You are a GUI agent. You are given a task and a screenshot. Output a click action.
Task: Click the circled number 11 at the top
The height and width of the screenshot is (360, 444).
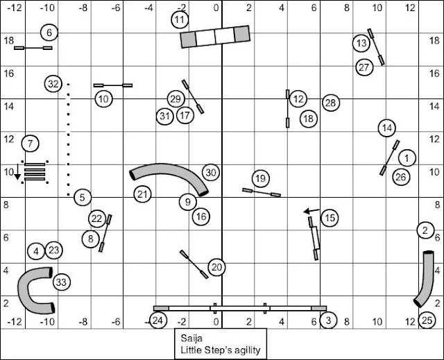click(x=180, y=19)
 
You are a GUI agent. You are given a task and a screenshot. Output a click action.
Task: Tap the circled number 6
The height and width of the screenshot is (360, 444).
click(x=49, y=32)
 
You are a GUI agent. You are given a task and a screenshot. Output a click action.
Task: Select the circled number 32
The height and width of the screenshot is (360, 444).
click(x=53, y=84)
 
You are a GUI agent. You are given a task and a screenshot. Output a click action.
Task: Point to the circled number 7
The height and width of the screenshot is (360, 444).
click(x=30, y=144)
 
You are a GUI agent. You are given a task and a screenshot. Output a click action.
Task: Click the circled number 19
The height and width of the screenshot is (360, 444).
click(x=260, y=178)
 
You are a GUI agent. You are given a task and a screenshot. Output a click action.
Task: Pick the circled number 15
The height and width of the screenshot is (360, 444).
click(x=330, y=218)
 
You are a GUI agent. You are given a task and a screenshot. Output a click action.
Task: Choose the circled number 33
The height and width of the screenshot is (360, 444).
click(x=61, y=282)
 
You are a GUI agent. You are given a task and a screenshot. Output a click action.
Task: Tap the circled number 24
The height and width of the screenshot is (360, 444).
click(x=158, y=320)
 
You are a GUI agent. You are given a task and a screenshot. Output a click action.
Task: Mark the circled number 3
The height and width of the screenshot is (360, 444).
click(x=327, y=320)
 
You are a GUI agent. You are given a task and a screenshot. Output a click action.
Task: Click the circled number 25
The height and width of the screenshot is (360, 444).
click(x=427, y=320)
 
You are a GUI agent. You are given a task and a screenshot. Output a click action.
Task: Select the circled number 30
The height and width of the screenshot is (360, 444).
click(x=211, y=172)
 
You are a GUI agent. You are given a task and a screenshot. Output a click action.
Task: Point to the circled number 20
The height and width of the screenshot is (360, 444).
click(x=217, y=267)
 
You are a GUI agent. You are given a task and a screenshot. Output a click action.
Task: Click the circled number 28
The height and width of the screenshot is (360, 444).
click(x=330, y=103)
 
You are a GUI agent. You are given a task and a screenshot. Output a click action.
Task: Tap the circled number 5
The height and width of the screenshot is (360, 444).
click(x=82, y=198)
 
